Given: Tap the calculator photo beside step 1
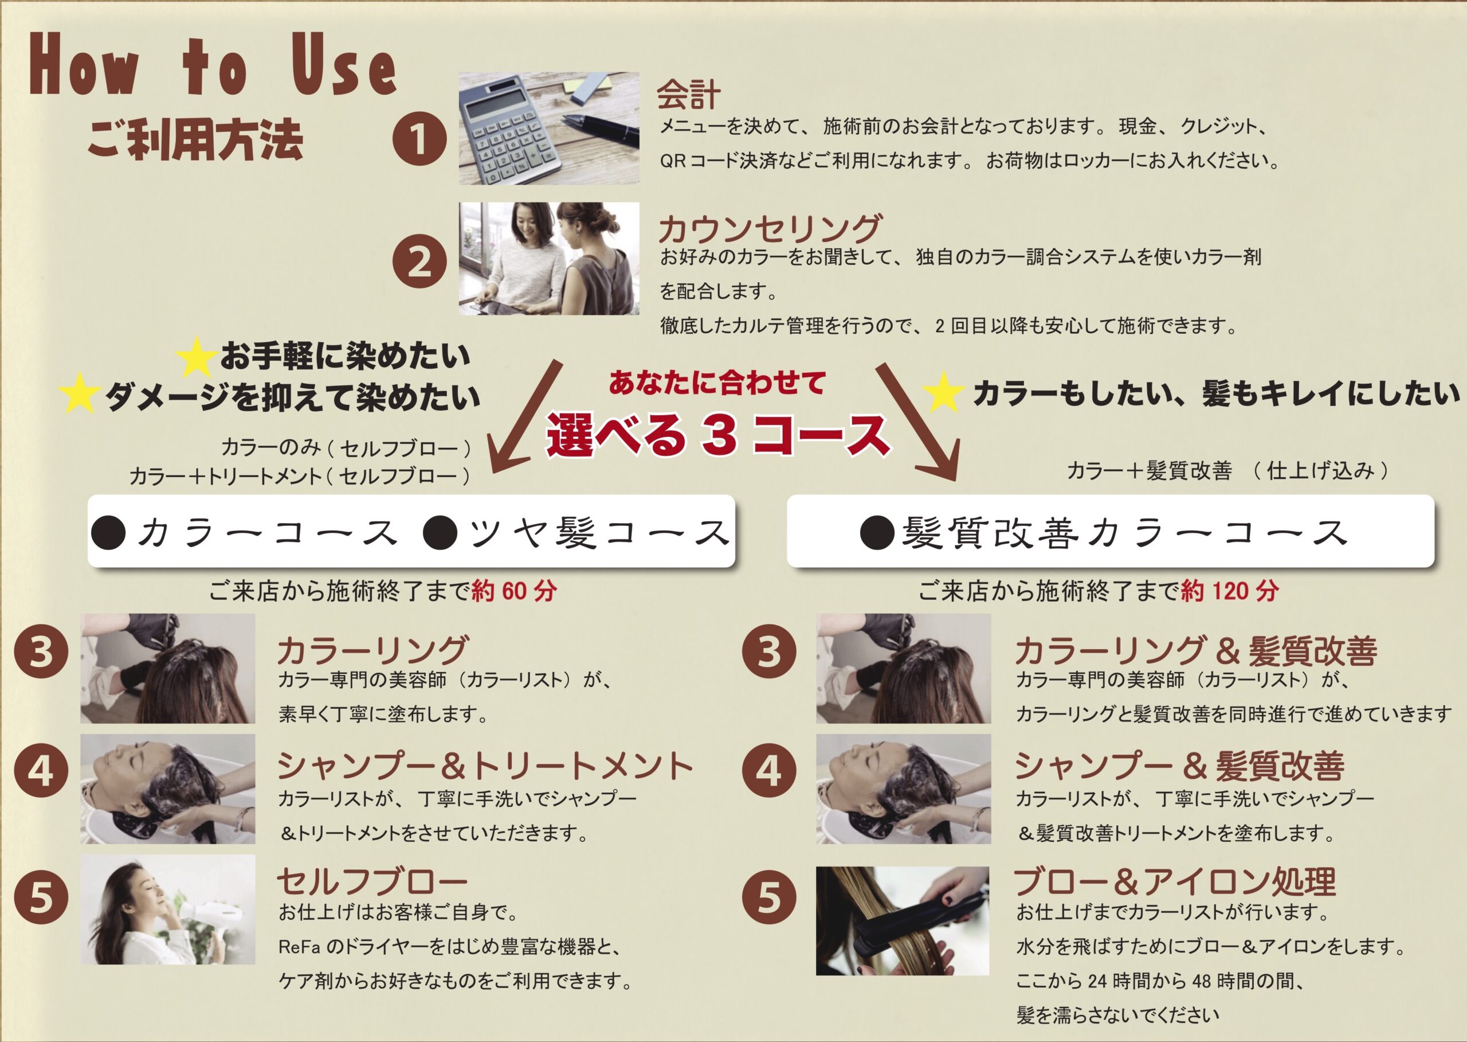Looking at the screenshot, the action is (x=549, y=128).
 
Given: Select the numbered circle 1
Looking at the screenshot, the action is (x=419, y=138).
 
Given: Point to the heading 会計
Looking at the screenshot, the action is (x=689, y=94).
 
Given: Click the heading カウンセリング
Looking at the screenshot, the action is (x=770, y=228).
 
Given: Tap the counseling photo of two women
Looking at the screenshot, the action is (x=549, y=259).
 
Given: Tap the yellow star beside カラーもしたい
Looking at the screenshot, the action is (x=943, y=393).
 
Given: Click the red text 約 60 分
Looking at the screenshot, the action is (x=514, y=590).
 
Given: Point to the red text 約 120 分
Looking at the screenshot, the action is (x=1230, y=590).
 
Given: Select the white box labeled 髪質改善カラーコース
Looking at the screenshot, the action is (x=1110, y=530).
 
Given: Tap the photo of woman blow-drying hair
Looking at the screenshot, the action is (x=168, y=909).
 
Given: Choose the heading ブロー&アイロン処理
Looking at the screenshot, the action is (x=1175, y=881).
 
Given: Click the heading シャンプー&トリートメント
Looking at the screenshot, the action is (x=485, y=766).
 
